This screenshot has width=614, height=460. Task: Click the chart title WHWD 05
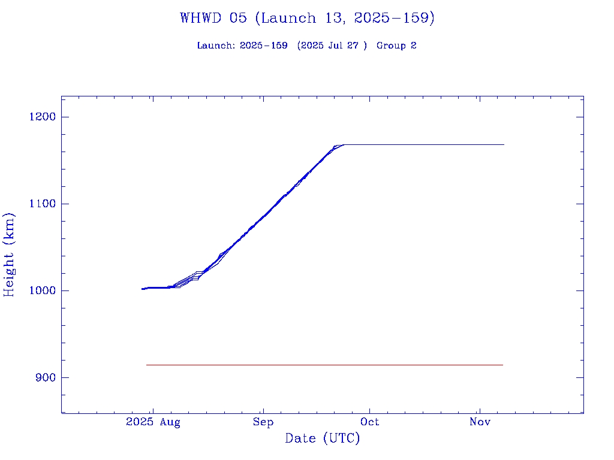click(213, 18)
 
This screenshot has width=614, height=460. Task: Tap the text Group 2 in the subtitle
click(396, 46)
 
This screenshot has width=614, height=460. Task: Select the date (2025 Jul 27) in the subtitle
click(332, 46)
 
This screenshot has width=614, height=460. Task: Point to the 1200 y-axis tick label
click(42, 117)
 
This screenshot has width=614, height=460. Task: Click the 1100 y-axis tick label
click(42, 204)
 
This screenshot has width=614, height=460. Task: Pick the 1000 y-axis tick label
click(42, 290)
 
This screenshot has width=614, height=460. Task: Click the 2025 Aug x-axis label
click(153, 422)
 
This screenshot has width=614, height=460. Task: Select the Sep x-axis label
click(263, 422)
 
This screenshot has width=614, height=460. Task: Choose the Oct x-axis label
click(370, 422)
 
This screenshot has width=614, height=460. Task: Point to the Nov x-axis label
click(480, 422)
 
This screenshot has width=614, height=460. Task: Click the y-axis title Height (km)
click(9, 255)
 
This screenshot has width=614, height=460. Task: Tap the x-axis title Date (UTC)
click(323, 438)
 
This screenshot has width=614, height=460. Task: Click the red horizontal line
click(324, 365)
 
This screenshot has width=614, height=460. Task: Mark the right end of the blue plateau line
click(504, 144)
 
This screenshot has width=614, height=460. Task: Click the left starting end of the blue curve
click(143, 289)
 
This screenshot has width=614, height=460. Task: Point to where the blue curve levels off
click(343, 144)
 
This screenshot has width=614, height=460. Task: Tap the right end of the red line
click(502, 365)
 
